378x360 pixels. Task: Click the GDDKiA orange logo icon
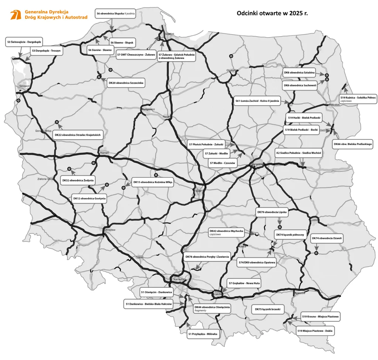16,15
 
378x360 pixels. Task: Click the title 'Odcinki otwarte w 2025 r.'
272,13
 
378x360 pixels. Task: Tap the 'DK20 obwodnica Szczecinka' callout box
126,83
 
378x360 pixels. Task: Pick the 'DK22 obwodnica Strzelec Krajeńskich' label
78,135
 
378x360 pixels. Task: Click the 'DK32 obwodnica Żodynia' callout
78,180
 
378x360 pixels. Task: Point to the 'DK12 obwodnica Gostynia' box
89,198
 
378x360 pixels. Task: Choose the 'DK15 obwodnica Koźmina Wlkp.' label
153,182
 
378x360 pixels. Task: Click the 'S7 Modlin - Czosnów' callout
222,163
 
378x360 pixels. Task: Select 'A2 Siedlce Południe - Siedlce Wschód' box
299,153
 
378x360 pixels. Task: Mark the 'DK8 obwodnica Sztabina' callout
299,73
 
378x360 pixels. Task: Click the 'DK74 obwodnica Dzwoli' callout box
327,239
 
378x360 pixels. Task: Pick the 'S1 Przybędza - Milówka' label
203,334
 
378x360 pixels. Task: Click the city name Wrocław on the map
110,230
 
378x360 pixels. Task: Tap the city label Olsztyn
231,70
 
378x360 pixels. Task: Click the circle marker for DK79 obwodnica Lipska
280,227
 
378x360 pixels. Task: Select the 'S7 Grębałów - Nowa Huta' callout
244,283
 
